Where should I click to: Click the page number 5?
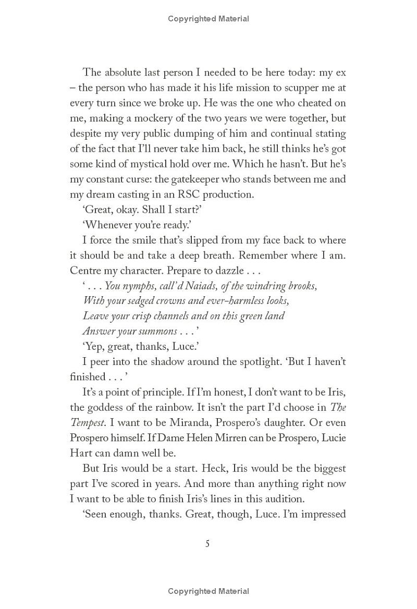(x=207, y=544)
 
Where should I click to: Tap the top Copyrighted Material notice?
(x=208, y=19)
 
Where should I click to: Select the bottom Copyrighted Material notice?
(x=208, y=591)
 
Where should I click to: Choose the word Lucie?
(x=332, y=437)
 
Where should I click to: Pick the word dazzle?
(x=226, y=271)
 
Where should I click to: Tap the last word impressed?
(x=321, y=514)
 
